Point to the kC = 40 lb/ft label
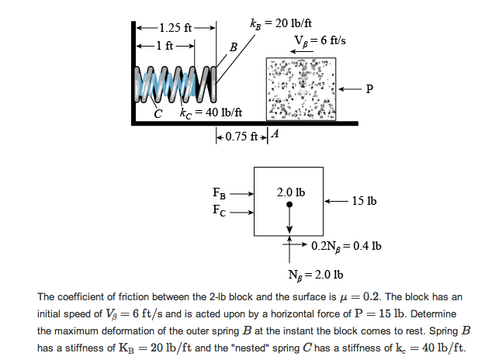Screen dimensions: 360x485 [210, 113]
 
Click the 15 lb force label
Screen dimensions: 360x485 [362, 201]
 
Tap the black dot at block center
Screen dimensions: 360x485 [289, 206]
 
